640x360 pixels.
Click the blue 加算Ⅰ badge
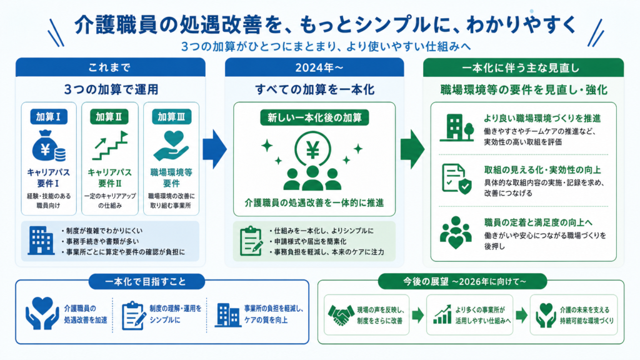[x=49, y=117]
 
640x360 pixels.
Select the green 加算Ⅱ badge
[x=109, y=117]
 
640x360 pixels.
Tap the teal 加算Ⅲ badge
[x=171, y=117]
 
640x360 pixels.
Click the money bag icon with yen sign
[x=48, y=146]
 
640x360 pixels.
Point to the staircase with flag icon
[x=110, y=145]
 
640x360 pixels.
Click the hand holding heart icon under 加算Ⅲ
[x=171, y=146]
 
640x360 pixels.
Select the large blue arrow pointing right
[x=215, y=149]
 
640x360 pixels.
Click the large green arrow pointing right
[x=412, y=149]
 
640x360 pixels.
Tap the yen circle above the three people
[x=313, y=149]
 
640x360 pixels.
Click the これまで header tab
[x=110, y=67]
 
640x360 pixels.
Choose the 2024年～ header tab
[x=314, y=67]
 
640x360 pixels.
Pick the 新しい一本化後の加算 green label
[x=315, y=118]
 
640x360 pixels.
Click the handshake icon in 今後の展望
[x=341, y=315]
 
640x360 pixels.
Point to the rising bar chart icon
[x=442, y=315]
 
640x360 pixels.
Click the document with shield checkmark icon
[x=456, y=179]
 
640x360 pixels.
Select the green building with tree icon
[x=457, y=128]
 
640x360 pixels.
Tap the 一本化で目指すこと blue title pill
[x=146, y=282]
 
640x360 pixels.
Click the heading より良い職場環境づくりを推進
[x=542, y=118]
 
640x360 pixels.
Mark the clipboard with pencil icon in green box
[x=251, y=241]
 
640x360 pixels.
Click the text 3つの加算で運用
[x=111, y=89]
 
